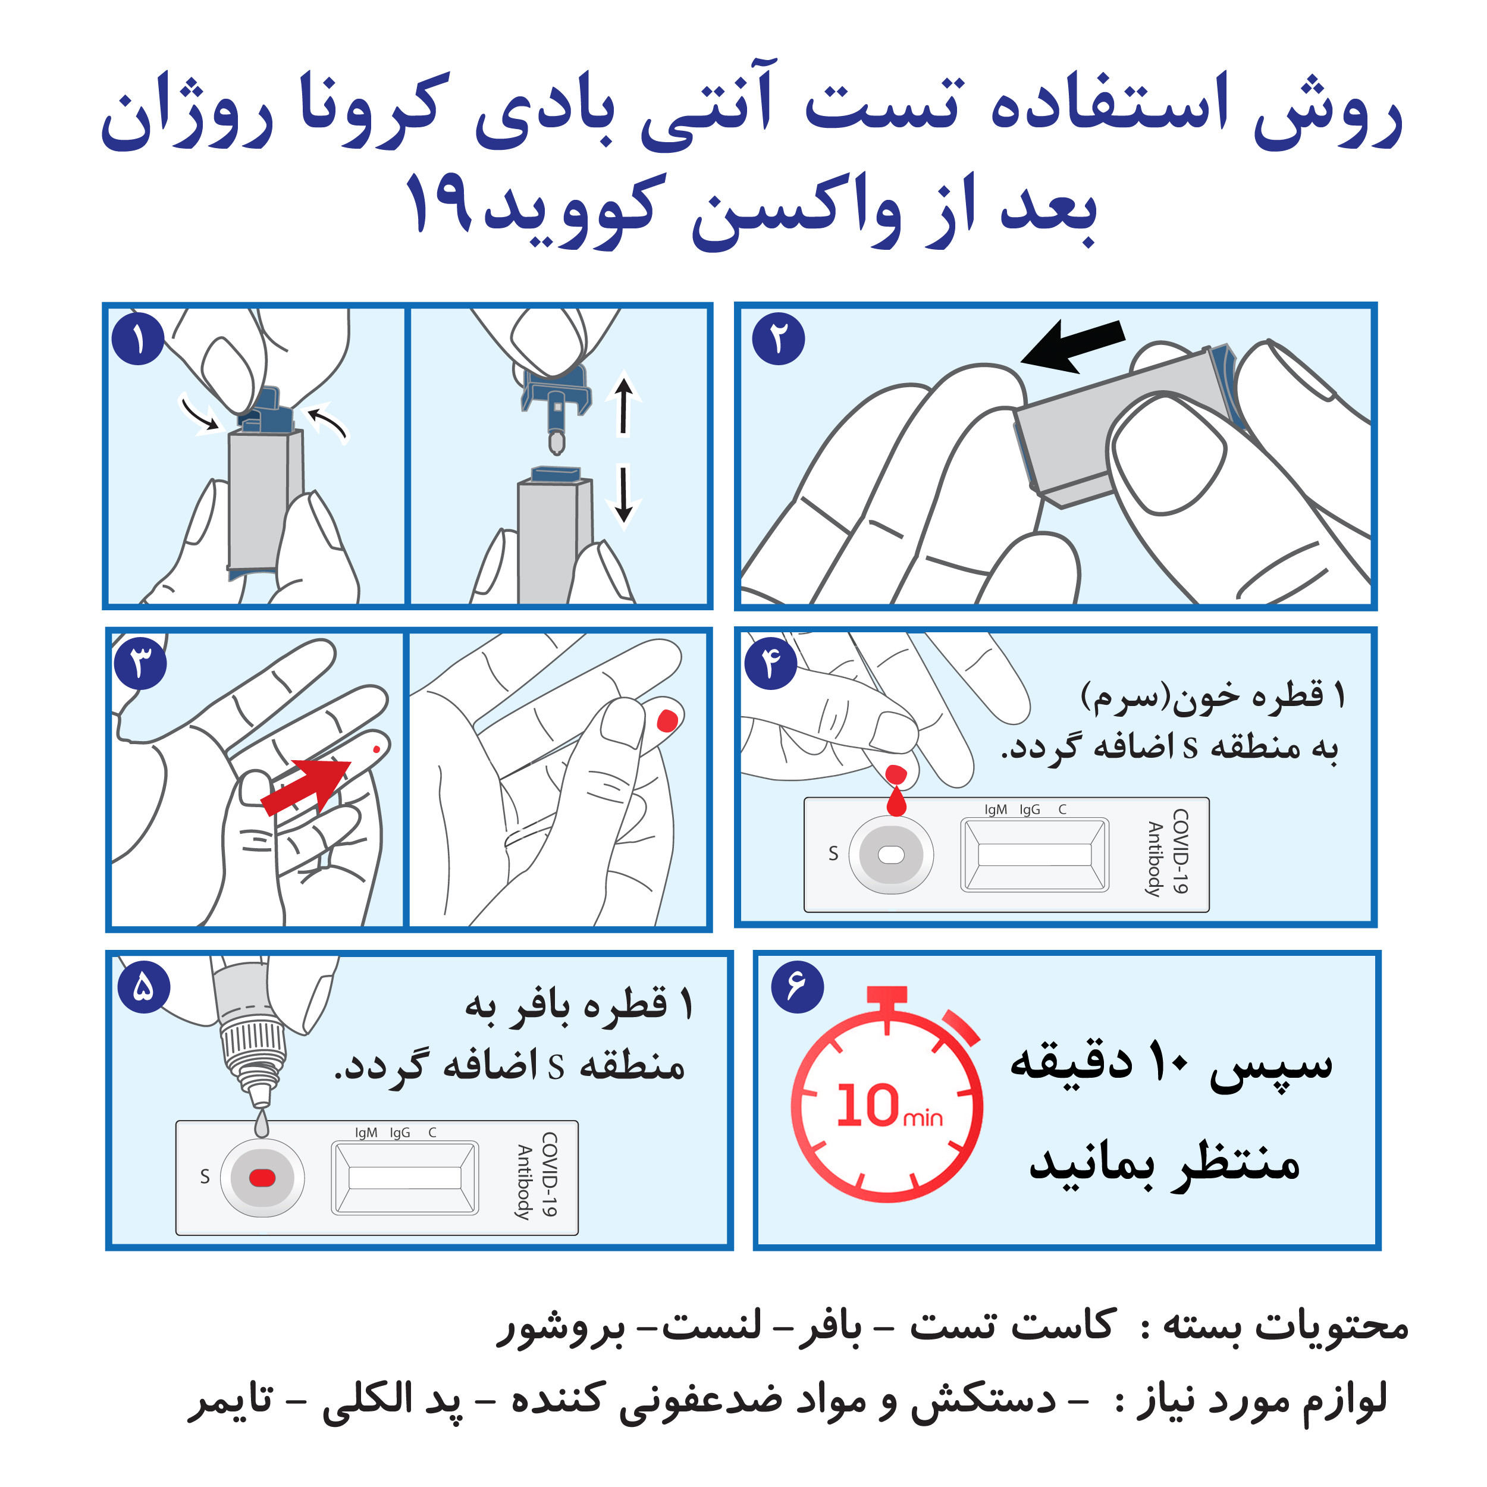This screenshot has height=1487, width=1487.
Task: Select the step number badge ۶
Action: tap(798, 987)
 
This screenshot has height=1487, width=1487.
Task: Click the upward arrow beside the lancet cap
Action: tap(624, 405)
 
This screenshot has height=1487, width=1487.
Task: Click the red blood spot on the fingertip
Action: tap(667, 720)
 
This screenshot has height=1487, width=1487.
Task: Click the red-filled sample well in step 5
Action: tap(262, 1178)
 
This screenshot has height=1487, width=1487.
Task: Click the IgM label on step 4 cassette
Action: tap(995, 810)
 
